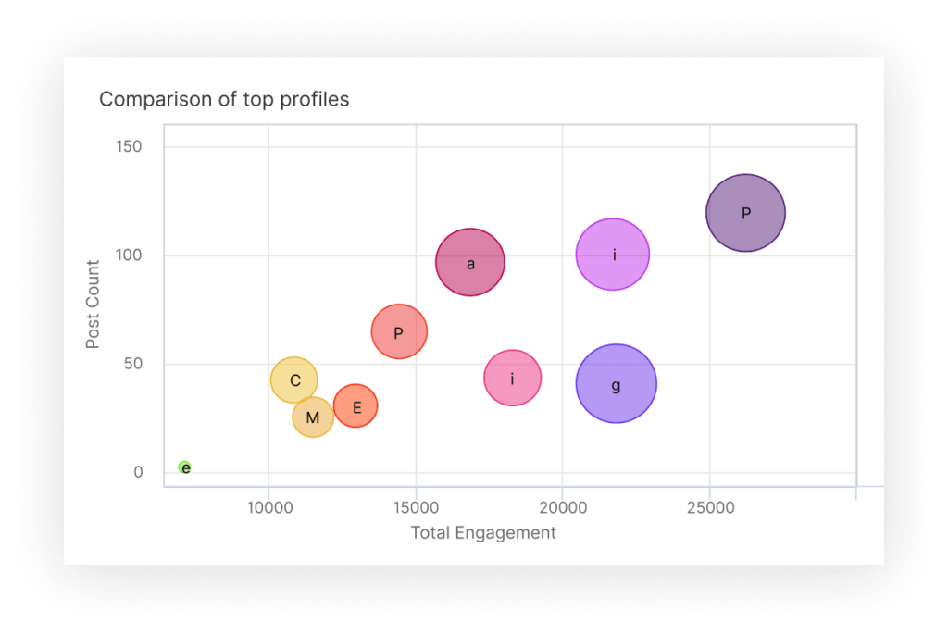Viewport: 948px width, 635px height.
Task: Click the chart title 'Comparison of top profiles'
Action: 224,99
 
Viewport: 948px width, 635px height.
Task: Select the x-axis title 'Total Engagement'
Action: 483,532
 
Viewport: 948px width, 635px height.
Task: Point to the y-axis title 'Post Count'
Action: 93,305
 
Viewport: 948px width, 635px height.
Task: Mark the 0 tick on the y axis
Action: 138,472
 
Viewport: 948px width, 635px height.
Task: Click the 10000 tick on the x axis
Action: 268,507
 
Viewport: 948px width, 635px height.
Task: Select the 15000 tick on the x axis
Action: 416,507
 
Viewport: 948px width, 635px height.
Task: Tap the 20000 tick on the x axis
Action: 563,507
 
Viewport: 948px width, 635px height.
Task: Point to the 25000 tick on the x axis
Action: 710,507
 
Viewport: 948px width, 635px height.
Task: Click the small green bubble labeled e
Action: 184,467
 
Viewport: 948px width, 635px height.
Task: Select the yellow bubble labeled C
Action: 294,380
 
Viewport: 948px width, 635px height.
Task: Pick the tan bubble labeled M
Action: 313,417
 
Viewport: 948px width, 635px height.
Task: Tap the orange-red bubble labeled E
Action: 355,405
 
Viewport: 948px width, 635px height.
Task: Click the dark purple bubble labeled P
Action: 745,213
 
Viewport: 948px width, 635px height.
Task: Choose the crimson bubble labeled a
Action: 470,263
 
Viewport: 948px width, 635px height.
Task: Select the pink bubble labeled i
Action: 512,378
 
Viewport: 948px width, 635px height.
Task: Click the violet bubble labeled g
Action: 616,384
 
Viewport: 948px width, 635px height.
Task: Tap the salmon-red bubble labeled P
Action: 399,331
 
